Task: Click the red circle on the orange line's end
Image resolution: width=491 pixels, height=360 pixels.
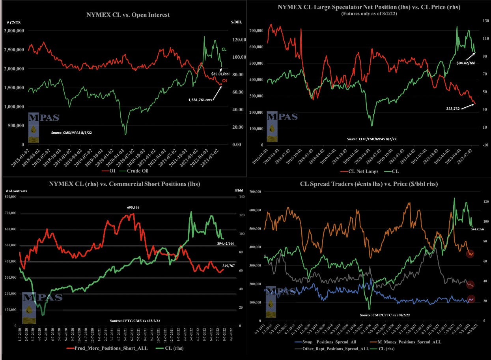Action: pos(470,254)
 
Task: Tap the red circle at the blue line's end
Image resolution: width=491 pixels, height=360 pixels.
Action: pos(471,299)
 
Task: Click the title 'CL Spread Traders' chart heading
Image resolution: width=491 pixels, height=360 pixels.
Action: pos(368,184)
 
